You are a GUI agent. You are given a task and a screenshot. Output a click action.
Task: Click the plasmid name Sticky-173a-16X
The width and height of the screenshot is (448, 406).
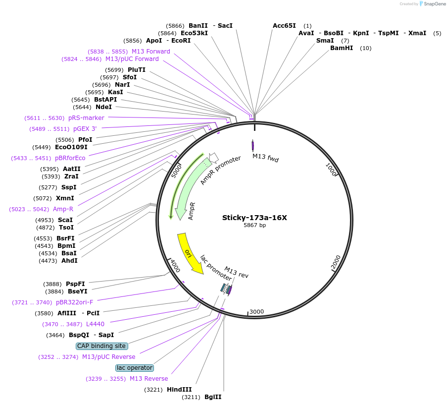coord(254,218)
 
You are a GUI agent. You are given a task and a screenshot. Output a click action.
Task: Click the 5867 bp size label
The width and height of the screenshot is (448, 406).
coord(254,226)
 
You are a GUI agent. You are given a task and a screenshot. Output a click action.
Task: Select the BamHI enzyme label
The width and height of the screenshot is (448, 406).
coord(342,48)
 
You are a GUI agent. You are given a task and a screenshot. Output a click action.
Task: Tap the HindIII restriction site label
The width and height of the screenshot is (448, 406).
coord(179,390)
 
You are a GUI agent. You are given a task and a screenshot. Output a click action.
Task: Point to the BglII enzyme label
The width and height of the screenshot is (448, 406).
coord(213,397)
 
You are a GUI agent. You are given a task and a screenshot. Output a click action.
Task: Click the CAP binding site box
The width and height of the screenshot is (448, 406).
coord(101,346)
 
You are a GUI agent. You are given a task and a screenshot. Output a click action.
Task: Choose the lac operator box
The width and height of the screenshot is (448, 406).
coord(134,368)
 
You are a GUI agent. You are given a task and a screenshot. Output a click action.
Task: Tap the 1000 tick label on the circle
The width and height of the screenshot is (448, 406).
coord(331,169)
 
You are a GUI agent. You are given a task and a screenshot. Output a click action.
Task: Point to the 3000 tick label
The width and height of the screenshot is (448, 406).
coord(256,312)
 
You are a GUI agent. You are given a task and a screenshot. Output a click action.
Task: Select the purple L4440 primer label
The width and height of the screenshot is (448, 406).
coord(95,324)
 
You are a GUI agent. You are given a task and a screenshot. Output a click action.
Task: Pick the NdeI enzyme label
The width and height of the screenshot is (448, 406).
coord(103,107)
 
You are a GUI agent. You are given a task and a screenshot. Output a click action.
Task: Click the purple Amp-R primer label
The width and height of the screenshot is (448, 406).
coord(63,209)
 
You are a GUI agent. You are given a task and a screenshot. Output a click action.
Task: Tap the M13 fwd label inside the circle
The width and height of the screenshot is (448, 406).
coord(265,158)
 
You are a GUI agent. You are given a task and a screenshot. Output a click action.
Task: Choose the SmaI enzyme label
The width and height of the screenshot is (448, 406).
coord(325,41)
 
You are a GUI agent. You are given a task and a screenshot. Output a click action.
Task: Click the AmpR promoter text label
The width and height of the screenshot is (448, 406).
coord(220,170)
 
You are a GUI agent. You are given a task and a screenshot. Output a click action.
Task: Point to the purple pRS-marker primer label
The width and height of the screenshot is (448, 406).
coord(86,118)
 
